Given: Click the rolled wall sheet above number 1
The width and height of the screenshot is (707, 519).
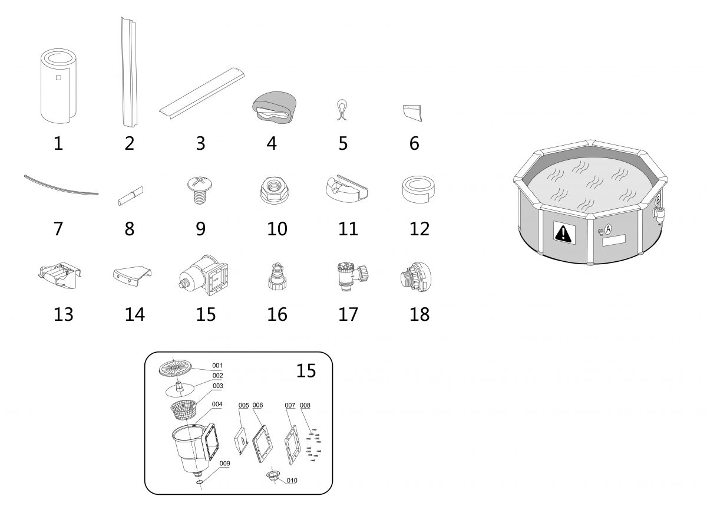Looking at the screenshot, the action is tap(59, 86).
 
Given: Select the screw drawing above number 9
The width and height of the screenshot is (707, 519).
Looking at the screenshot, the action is tap(200, 190).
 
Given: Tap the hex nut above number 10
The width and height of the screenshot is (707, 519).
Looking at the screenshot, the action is tap(275, 190).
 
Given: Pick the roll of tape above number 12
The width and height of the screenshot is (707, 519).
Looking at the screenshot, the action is tap(418, 189).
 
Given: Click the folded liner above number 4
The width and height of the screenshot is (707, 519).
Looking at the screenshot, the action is tap(275, 107).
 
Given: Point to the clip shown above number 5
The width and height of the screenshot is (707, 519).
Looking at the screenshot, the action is tap(342, 110).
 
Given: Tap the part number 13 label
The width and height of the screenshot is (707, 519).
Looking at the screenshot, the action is tap(64, 314).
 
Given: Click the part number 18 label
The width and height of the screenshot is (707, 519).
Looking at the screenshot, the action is tap(419, 314).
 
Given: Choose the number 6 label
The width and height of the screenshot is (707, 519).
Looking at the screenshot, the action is tap(414, 143).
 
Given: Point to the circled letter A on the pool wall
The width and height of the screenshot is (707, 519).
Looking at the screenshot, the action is tap(608, 229).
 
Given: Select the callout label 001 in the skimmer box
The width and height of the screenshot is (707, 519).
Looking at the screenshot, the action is tap(217, 366).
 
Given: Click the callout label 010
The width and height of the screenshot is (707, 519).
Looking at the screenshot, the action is tap(292, 481).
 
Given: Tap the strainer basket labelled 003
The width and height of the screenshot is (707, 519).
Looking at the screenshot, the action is tap(183, 410).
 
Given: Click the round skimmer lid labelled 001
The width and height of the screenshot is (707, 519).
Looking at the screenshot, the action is tap(175, 369).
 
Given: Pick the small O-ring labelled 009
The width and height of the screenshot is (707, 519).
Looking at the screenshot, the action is tap(200, 482).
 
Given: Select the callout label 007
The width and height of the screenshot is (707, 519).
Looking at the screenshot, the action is tap(290, 405).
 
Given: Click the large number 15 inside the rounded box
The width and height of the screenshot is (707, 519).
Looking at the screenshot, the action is tap(306, 370).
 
